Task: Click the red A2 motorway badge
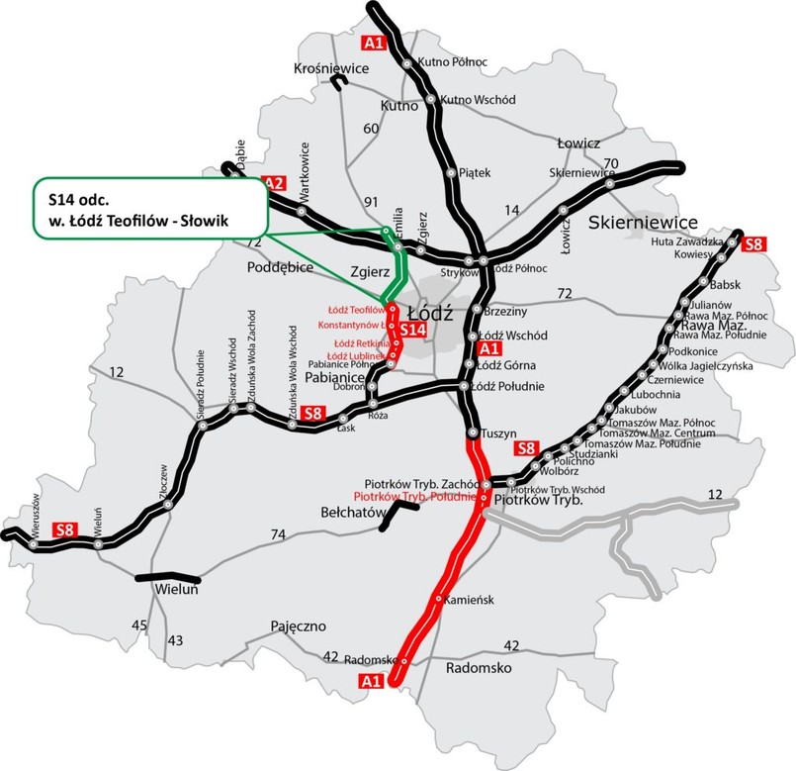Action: point(274,183)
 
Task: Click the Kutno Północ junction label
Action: point(454,61)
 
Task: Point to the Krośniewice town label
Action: point(331,68)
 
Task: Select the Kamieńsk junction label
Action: point(468,600)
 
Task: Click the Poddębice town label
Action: point(280,267)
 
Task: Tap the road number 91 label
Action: point(374,204)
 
